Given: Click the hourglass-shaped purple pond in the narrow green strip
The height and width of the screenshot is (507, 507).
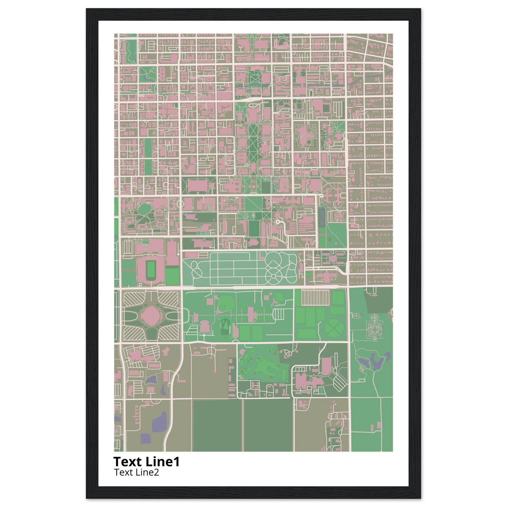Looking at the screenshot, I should pyautogui.click(x=322, y=218).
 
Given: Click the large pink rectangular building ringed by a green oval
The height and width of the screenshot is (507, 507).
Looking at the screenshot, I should pyautogui.click(x=198, y=185).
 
